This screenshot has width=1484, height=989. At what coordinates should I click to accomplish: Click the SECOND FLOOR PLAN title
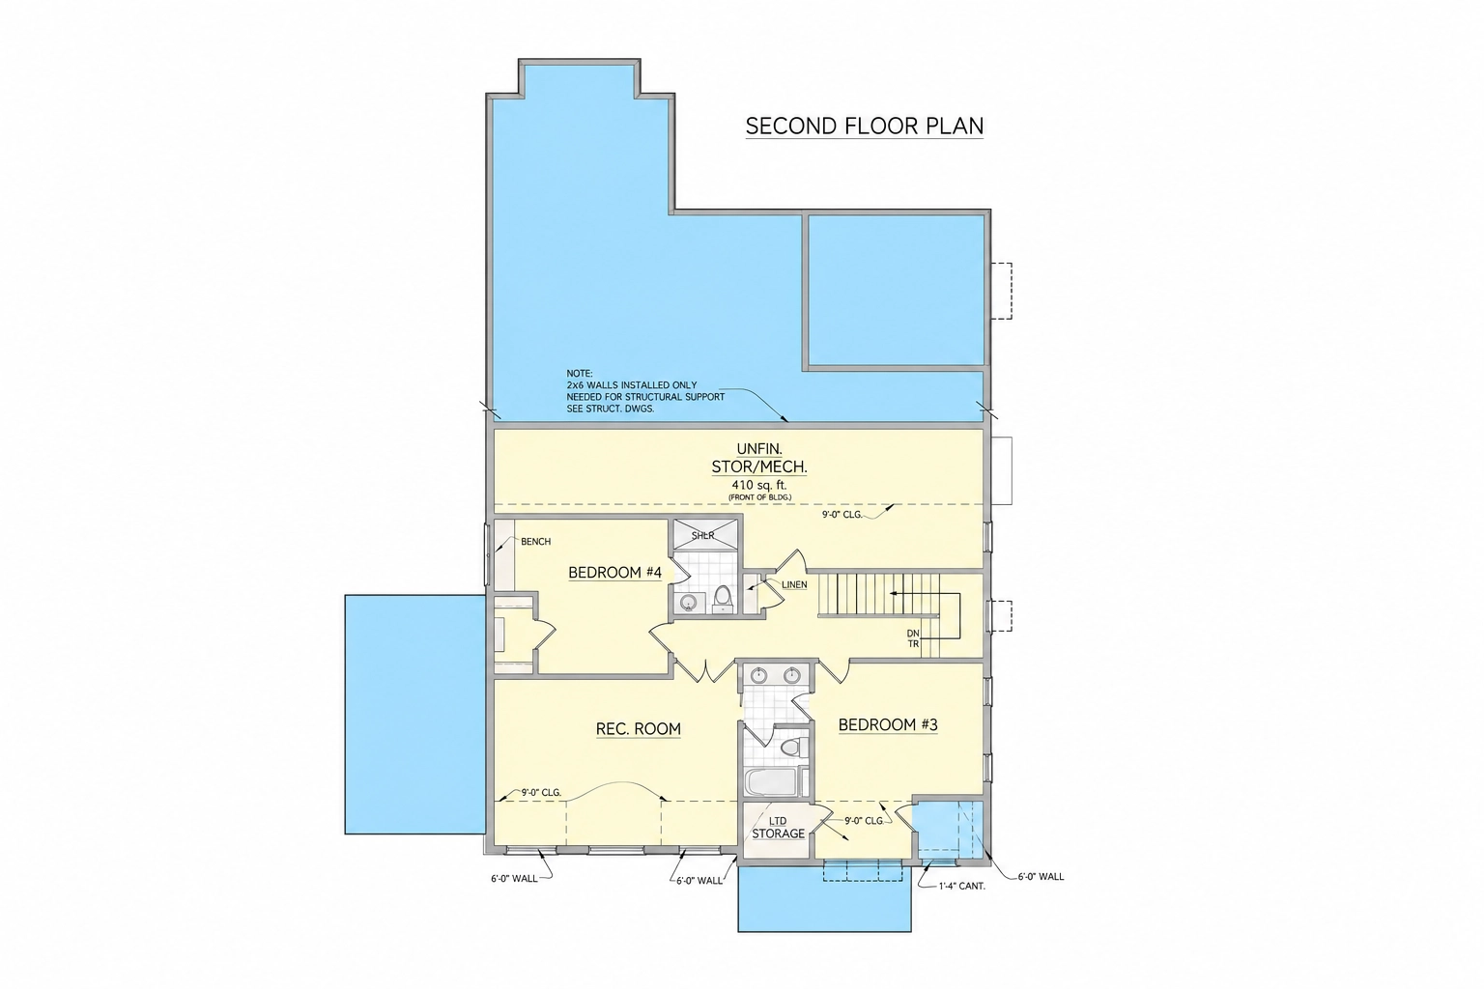[x=865, y=126]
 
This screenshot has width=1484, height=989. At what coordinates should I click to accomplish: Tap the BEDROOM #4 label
[x=614, y=573]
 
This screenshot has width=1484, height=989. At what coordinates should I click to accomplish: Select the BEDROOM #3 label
[x=888, y=724]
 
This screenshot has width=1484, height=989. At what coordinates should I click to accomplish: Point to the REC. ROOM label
[x=638, y=728]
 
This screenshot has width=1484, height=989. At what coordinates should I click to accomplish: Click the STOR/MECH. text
[x=759, y=467]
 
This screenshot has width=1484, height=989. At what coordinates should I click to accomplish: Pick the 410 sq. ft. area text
[x=759, y=486]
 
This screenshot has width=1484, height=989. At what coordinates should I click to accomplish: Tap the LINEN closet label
[x=794, y=585]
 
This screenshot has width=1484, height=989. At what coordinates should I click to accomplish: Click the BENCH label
[x=535, y=542]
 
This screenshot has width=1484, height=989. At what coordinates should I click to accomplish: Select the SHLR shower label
[x=703, y=536]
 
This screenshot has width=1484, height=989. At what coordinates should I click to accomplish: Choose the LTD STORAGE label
[x=778, y=828]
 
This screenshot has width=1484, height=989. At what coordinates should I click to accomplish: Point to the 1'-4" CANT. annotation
[x=962, y=886]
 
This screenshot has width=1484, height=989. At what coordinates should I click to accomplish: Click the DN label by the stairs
[x=913, y=634]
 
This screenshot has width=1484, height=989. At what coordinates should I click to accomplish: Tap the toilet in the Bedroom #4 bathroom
[x=722, y=598]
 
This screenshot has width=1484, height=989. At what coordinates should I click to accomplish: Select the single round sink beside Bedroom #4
[x=688, y=603]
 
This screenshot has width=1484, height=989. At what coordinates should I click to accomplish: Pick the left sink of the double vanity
[x=759, y=676]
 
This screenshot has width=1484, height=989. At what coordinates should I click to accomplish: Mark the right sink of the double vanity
[x=791, y=676]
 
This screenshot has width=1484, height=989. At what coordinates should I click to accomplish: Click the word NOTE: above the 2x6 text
[x=579, y=374]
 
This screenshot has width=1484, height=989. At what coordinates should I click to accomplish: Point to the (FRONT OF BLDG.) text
[x=759, y=496]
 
